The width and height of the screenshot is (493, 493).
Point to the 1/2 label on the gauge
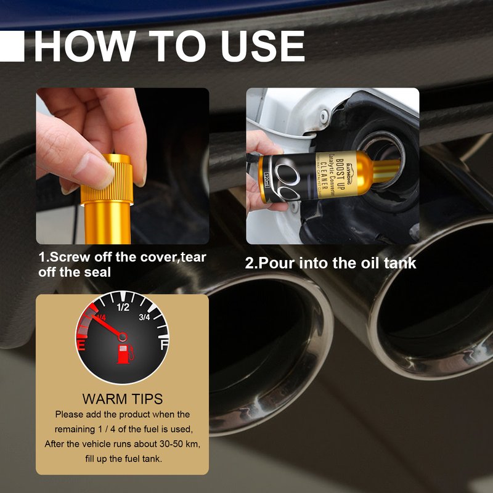pos(123,307)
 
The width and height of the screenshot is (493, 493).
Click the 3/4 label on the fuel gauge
pos(145,317)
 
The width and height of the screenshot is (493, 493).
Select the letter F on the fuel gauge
pos(164,345)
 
